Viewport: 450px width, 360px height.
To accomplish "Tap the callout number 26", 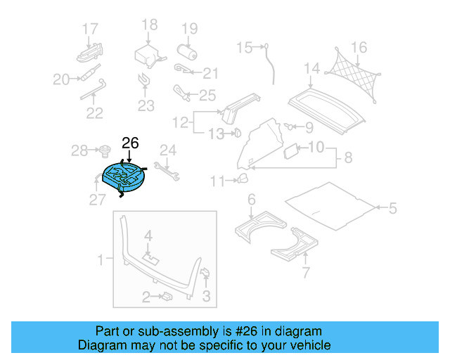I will (131, 143).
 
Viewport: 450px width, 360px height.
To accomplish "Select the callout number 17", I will (90, 29).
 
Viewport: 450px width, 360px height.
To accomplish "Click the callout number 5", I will (392, 208).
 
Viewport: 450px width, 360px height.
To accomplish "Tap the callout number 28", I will (79, 150).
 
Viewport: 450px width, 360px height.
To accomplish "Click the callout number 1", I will (101, 259).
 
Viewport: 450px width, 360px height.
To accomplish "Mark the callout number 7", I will (305, 273).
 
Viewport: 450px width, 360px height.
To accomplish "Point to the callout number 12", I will (180, 123).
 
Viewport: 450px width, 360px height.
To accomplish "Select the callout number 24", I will (167, 149).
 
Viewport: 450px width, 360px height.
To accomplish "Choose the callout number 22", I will (94, 112).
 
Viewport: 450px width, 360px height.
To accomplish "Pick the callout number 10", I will (317, 148).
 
